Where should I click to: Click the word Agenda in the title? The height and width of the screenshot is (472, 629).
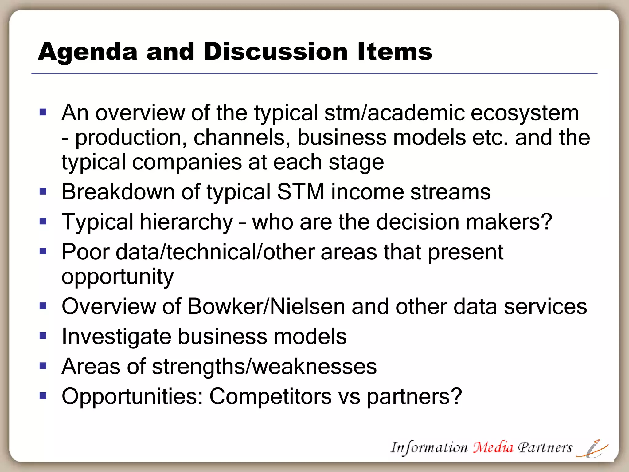pyautogui.click(x=88, y=52)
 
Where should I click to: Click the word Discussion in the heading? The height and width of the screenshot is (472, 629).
pyautogui.click(x=275, y=52)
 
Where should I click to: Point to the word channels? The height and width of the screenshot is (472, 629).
pyautogui.click(x=242, y=137)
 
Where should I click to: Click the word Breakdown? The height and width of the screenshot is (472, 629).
pyautogui.click(x=118, y=192)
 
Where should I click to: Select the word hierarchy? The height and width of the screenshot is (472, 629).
pyautogui.click(x=186, y=222)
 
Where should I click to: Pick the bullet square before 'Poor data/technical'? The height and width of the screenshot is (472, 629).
pyautogui.click(x=43, y=251)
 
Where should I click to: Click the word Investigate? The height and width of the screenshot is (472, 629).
pyautogui.click(x=116, y=336)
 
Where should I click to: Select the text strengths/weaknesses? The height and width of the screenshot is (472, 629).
pyautogui.click(x=264, y=366)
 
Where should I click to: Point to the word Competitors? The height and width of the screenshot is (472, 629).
pyautogui.click(x=270, y=396)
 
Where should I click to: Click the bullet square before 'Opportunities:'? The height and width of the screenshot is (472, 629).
pyautogui.click(x=43, y=395)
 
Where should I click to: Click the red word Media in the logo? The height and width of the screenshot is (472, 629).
pyautogui.click(x=493, y=447)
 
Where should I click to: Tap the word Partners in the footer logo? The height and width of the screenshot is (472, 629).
pyautogui.click(x=545, y=448)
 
